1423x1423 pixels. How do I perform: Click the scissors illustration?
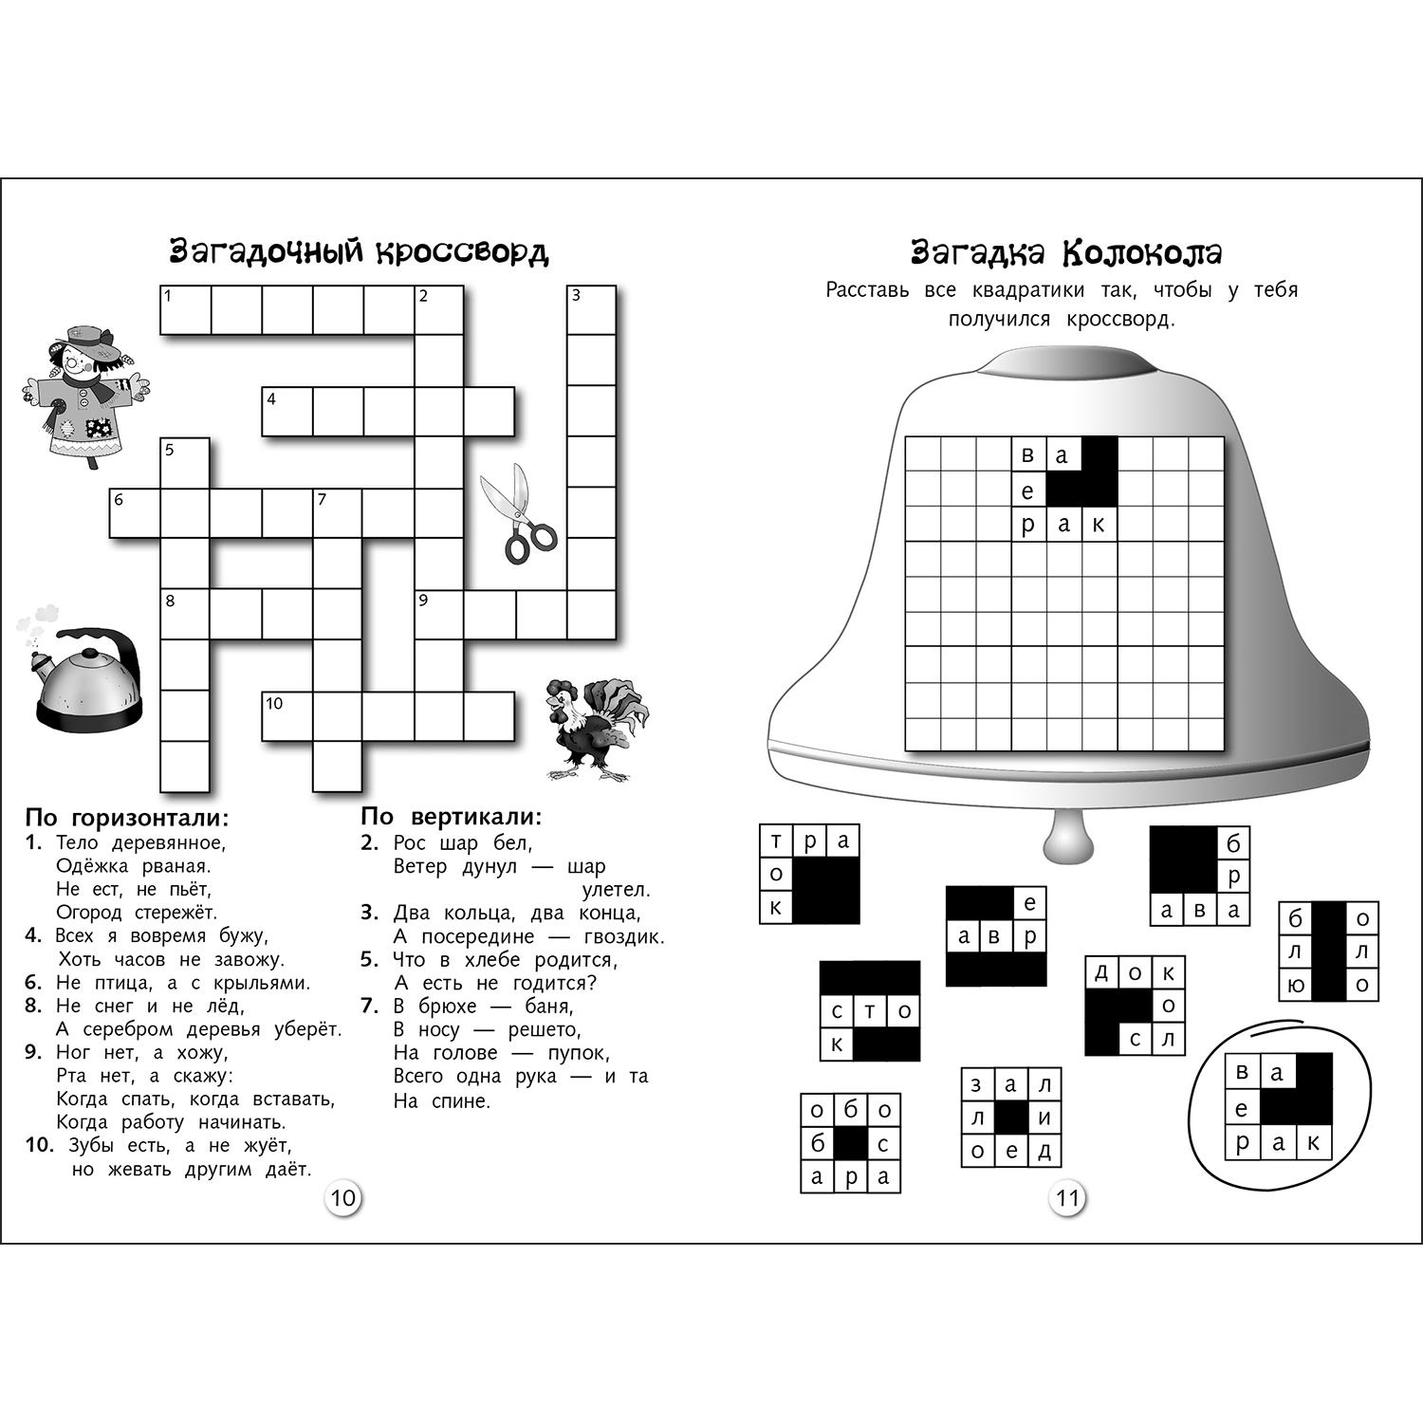[518, 514]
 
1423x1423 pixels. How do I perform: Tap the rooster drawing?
[594, 729]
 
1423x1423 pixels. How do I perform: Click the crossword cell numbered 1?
[185, 310]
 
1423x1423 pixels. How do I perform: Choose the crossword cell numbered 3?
[591, 310]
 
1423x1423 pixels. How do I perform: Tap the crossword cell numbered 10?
[286, 716]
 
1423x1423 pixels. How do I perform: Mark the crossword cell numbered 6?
[134, 513]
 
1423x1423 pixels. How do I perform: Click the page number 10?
[342, 1197]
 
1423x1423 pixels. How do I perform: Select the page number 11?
[1068, 1198]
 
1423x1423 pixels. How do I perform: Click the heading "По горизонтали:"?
[127, 818]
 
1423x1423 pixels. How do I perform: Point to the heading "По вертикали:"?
[452, 817]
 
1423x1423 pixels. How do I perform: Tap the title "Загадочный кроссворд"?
[359, 252]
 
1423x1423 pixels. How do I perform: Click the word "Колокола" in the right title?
[1142, 253]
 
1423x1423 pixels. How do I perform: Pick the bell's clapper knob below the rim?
[1068, 839]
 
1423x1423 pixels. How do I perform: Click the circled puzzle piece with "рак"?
[1278, 1107]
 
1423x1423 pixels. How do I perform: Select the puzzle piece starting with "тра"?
[809, 874]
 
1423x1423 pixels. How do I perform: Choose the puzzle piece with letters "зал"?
[1010, 1118]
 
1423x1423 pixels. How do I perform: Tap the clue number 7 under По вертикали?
[370, 1006]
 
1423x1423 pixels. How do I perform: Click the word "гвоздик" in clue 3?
[622, 937]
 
